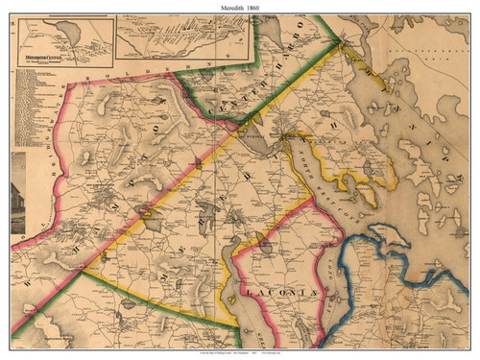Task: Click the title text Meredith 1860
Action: click(x=239, y=8)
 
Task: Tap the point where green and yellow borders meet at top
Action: click(x=338, y=41)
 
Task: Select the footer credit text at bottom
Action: click(x=239, y=352)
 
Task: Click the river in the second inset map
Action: click(x=182, y=43)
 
